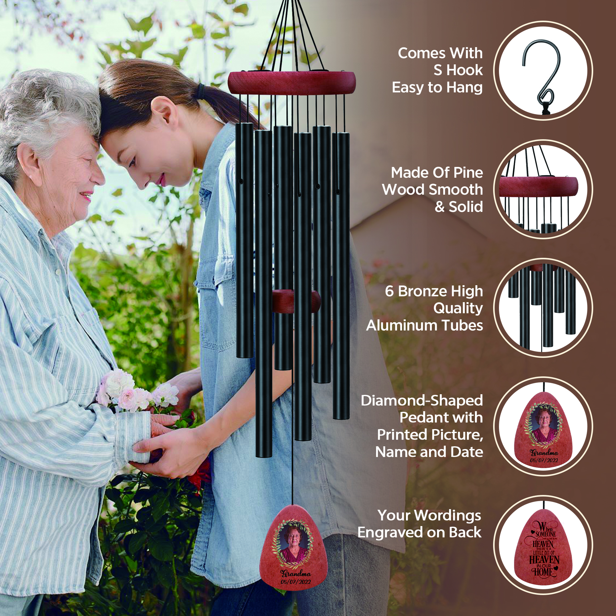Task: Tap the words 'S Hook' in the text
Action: (458, 70)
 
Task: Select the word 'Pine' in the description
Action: (468, 173)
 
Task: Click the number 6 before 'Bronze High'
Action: (389, 291)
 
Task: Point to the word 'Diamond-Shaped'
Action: (422, 400)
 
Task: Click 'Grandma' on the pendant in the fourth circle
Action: (544, 452)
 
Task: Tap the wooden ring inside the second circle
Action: (538, 187)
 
